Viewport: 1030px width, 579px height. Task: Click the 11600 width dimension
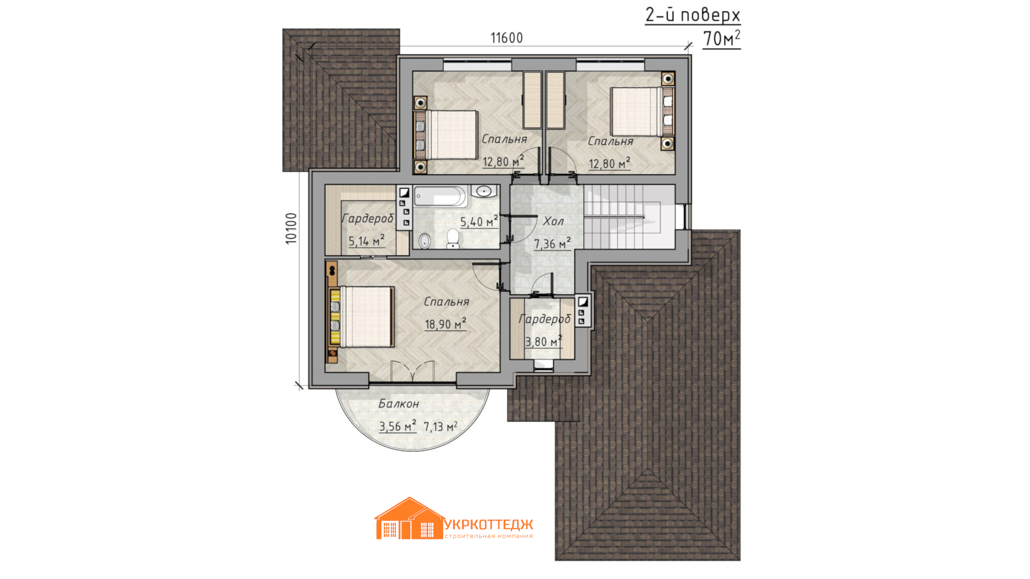[x=506, y=38]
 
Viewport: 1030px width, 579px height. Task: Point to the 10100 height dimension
[x=291, y=228]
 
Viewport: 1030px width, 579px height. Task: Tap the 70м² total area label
[x=722, y=39]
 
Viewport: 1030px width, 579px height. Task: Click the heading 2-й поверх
[x=693, y=15]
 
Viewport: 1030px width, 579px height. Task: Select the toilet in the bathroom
[x=453, y=239]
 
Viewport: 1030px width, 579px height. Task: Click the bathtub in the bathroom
[x=440, y=196]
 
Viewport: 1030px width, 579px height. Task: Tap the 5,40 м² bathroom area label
[x=479, y=221]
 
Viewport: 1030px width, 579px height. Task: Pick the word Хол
[x=553, y=221]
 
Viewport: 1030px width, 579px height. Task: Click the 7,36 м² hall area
[x=552, y=243]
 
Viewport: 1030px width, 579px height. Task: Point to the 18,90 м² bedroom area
[x=445, y=324]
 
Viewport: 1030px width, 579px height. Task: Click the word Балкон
[x=399, y=404]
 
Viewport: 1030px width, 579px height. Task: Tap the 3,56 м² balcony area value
[x=398, y=426]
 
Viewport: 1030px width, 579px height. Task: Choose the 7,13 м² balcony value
[x=440, y=426]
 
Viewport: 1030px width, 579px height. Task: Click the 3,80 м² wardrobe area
[x=543, y=342]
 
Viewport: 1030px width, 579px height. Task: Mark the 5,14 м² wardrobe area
[x=366, y=241]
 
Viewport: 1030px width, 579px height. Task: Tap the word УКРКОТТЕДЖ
[x=489, y=524]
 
